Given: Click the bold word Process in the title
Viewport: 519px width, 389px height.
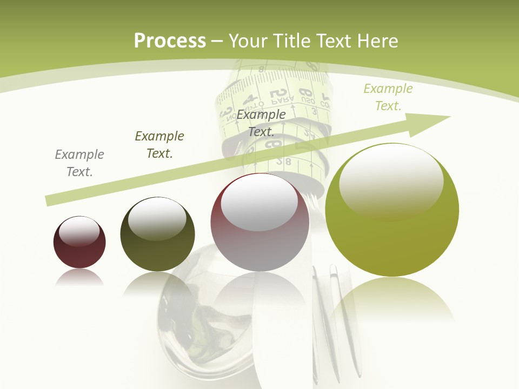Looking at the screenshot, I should coord(170,41).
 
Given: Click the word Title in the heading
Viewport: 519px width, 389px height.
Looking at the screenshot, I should coord(291,41).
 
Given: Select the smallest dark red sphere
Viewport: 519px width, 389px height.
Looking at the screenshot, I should coord(79,243).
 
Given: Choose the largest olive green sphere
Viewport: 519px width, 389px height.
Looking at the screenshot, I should coord(392,211).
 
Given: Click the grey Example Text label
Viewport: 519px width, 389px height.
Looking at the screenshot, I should coord(79,163).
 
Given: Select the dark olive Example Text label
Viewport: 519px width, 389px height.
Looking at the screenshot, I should coord(159,144).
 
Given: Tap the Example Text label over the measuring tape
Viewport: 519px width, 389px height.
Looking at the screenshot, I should coord(261,123).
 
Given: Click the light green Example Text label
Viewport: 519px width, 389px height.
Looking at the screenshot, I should coord(388,97).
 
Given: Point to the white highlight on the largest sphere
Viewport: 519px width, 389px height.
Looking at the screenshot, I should coord(391,181).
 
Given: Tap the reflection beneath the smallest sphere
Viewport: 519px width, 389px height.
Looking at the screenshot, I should coord(79,278).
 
